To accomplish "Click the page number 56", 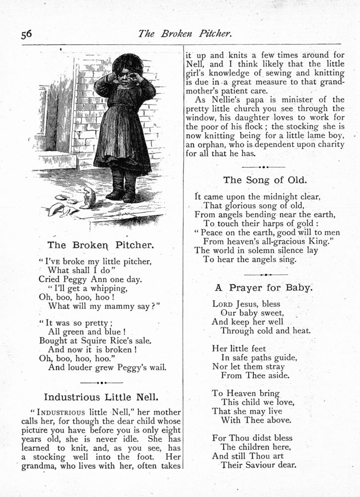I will point(26,34).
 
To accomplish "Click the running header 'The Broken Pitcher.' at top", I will point(185,34).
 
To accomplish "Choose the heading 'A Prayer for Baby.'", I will point(263,287).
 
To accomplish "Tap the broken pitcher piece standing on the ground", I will point(89,197).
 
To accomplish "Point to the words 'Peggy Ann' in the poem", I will point(85,279).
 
